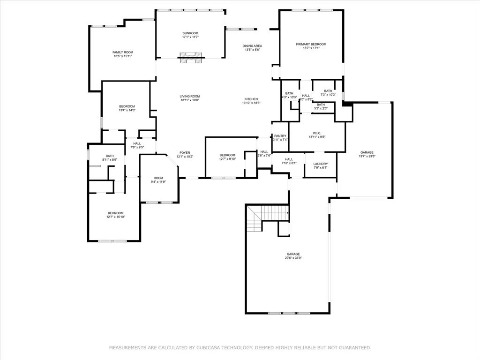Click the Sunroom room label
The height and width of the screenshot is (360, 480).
pos(190,33)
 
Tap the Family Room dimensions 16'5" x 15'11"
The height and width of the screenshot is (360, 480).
pos(123,56)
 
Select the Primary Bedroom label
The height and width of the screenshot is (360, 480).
pos(311,44)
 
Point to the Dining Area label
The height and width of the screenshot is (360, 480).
pos(252,46)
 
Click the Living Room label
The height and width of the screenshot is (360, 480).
pos(190,96)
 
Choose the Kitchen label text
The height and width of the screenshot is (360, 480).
pos(251,99)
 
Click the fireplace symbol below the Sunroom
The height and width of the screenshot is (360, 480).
pos(190,58)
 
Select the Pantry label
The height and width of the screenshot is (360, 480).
pos(280,136)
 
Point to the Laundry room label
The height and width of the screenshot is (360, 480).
pos(321,164)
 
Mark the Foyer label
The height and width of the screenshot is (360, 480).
pos(185,153)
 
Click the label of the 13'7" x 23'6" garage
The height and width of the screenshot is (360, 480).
pos(367,152)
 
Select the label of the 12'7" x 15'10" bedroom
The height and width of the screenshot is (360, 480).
pos(115,213)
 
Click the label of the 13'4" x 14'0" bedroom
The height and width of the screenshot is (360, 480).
pos(127,106)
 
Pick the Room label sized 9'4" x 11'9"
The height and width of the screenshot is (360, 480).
pos(158,178)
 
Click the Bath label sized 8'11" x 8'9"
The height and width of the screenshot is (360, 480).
pos(110,156)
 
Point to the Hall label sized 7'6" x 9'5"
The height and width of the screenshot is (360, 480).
pos(137,143)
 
